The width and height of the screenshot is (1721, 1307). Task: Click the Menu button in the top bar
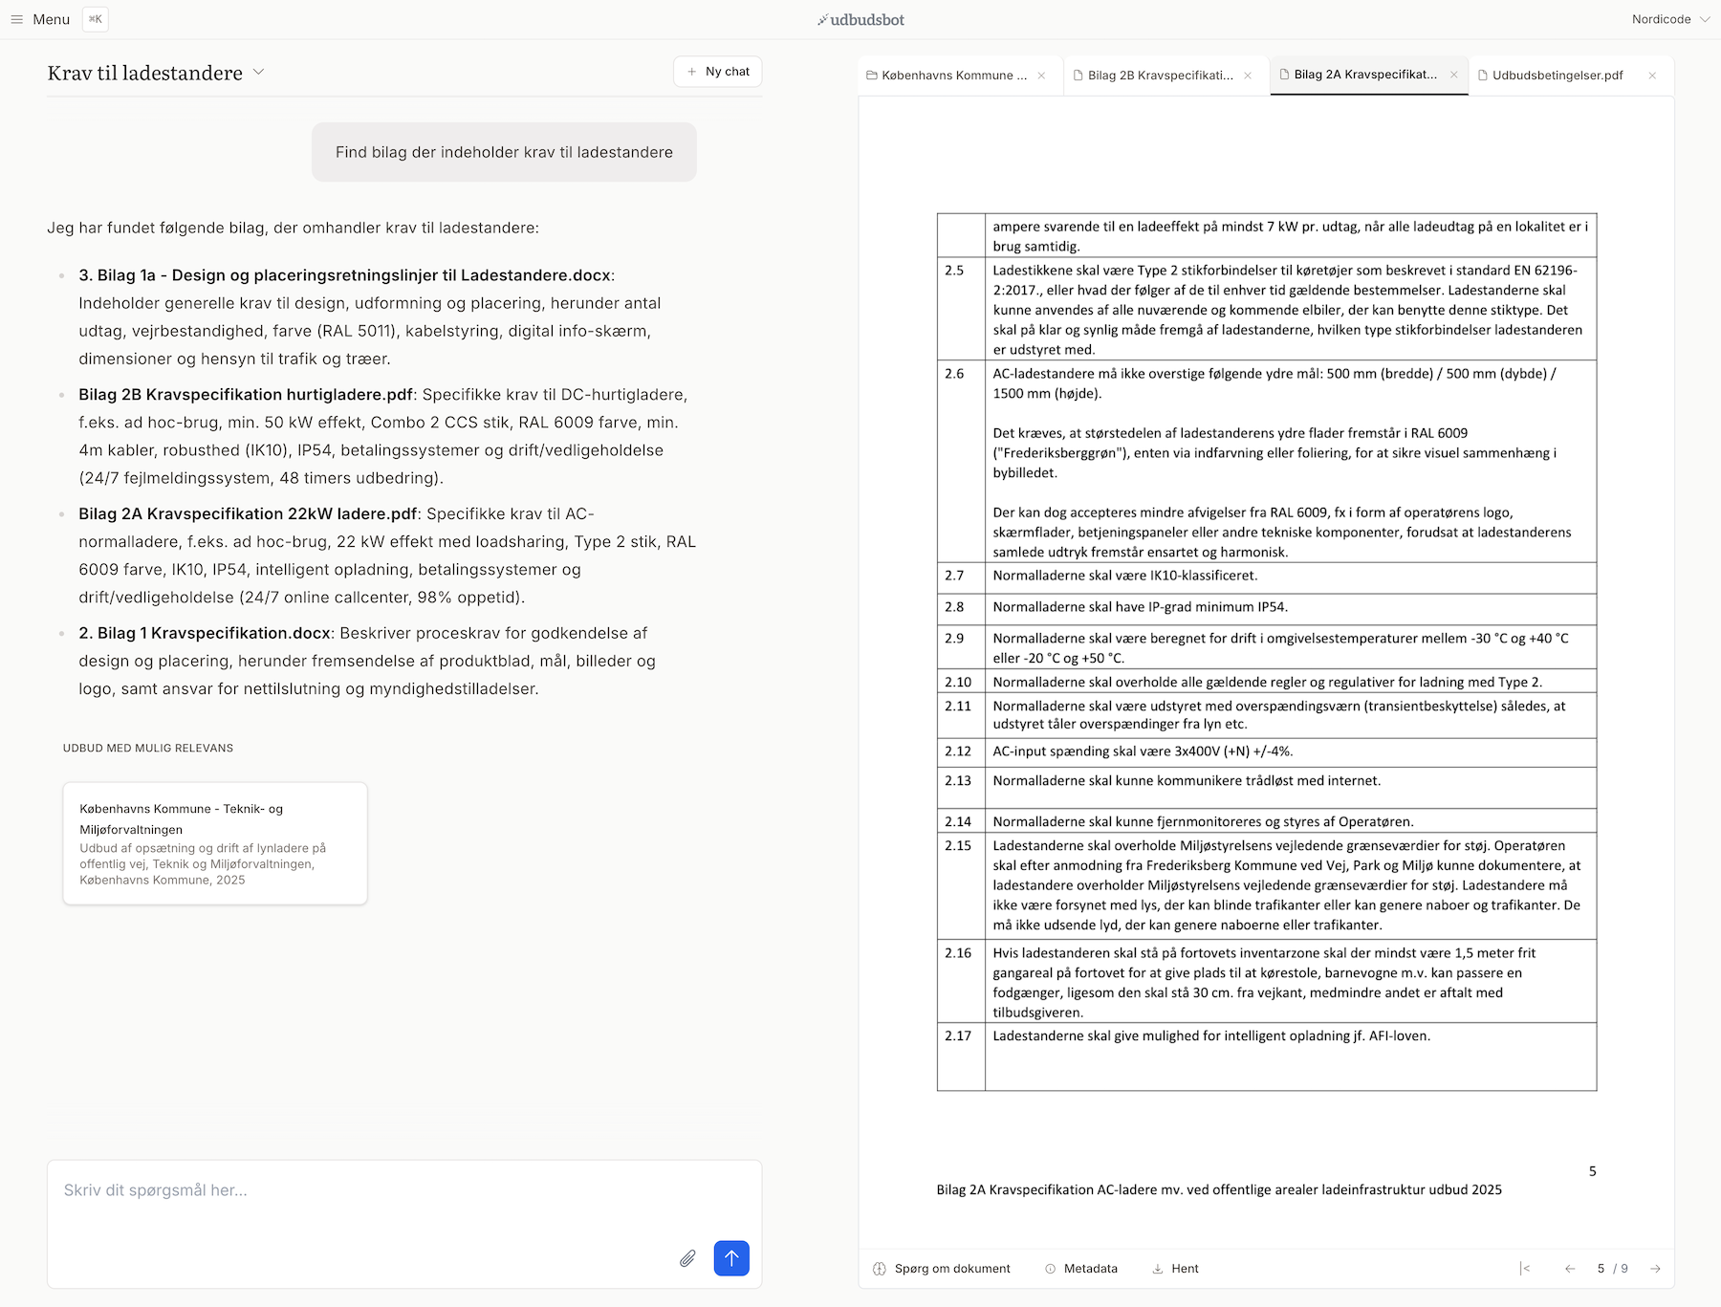(40, 19)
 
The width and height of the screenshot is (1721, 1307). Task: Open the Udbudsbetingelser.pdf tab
(1557, 76)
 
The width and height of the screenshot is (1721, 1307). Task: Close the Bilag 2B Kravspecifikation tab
(1248, 76)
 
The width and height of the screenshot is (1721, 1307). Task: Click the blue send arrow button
(731, 1258)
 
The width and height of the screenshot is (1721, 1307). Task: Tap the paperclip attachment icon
(687, 1258)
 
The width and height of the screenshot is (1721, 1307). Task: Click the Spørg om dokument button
(942, 1269)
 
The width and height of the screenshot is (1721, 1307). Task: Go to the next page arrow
(1655, 1269)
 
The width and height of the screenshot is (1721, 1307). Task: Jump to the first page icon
(1525, 1269)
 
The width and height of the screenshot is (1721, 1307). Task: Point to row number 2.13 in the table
(958, 781)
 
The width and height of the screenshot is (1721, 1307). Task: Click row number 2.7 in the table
(954, 576)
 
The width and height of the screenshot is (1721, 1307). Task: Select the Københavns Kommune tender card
(215, 843)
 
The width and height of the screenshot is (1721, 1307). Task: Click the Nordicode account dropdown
(1669, 19)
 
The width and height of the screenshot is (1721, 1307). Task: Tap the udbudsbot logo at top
(860, 19)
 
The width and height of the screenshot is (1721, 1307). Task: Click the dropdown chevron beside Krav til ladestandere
(258, 73)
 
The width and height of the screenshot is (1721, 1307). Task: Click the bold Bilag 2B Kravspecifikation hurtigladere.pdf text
(246, 395)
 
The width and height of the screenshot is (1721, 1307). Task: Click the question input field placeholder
(156, 1190)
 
